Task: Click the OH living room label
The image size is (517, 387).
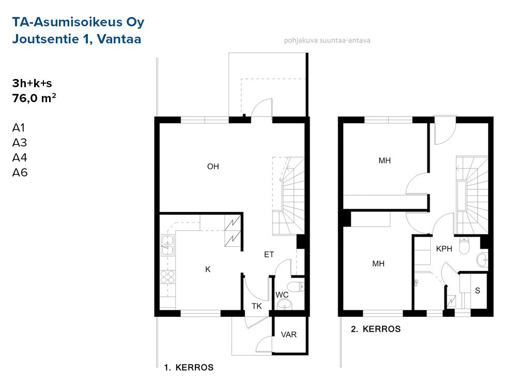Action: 213,167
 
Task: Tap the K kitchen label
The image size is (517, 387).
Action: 208,269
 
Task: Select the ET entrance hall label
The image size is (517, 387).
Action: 269,254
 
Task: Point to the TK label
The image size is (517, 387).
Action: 256,307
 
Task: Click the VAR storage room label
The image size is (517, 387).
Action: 288,335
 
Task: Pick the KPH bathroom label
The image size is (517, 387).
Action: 444,249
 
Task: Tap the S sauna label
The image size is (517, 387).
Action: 477,291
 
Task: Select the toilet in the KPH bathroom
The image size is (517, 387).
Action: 464,246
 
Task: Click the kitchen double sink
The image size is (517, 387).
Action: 167,246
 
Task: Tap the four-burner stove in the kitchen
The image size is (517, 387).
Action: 167,277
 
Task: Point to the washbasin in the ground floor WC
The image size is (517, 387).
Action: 284,304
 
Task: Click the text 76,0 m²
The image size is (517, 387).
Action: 34,98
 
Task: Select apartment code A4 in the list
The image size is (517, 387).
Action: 20,157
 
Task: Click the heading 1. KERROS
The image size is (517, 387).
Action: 189,367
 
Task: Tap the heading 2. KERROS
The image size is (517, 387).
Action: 376,329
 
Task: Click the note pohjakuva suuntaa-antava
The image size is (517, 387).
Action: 327,40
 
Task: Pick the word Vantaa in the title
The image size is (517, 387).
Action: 119,39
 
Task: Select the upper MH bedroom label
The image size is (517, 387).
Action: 385,160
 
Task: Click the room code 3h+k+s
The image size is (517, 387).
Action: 32,83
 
